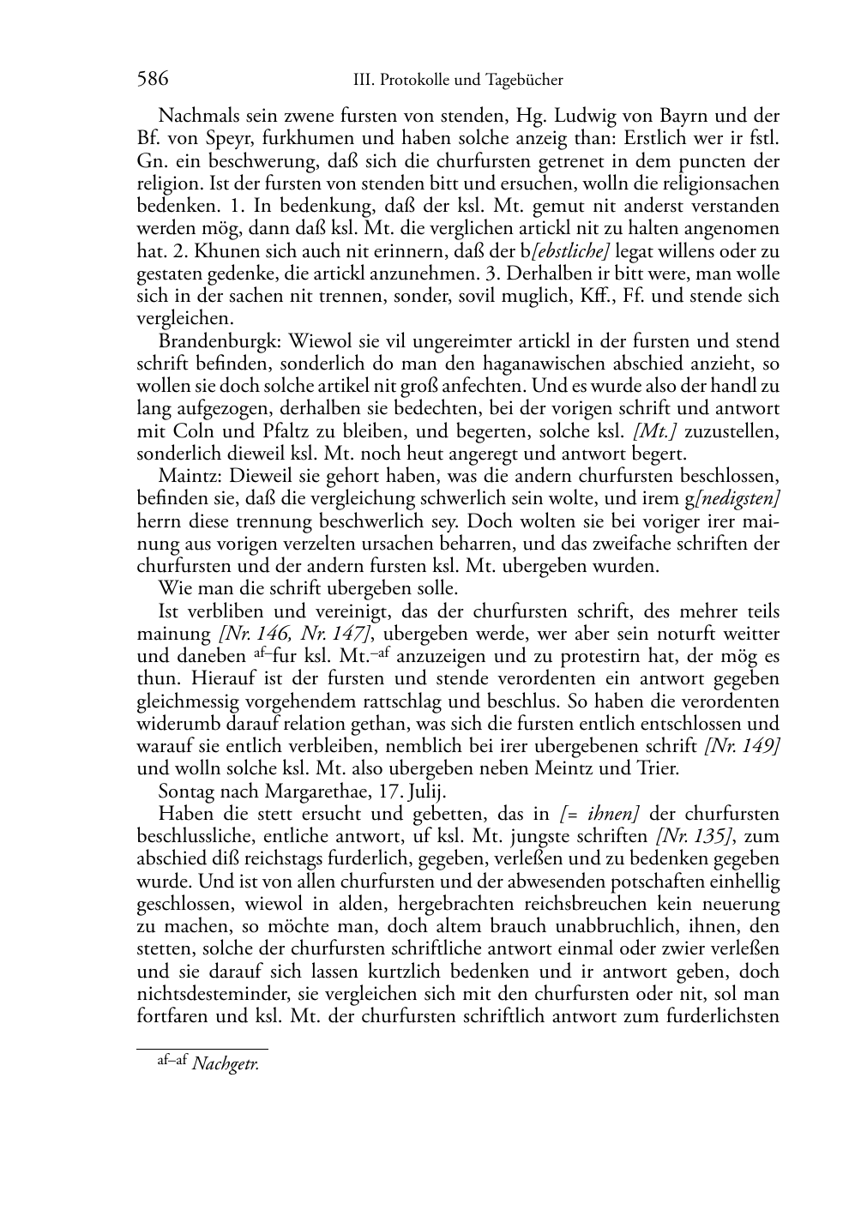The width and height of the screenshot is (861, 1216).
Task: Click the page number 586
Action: coord(152,80)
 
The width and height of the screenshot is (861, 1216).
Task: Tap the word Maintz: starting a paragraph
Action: coord(188,476)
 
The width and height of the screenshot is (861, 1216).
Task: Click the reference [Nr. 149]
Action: coord(742,746)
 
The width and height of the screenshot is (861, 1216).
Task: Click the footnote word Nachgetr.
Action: coord(226,1065)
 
